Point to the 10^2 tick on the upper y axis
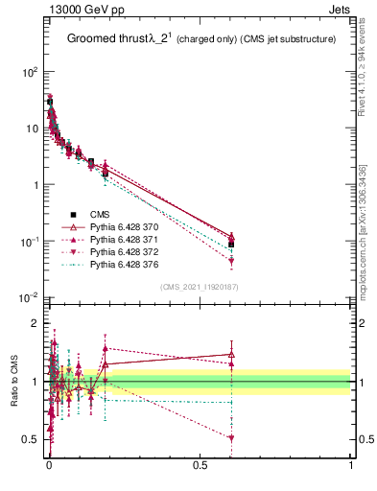click(30, 73)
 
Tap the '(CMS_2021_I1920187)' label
click(200, 286)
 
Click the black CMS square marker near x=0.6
click(231, 245)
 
